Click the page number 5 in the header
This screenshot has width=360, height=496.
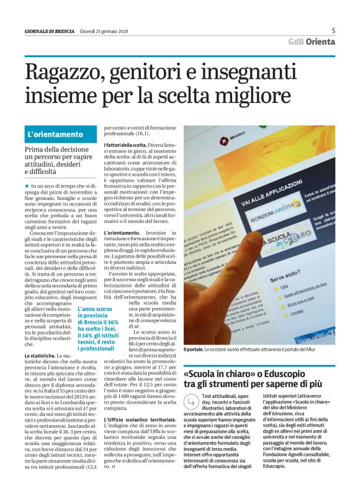click(333, 30)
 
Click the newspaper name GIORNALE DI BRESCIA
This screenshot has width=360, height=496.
click(50, 32)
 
